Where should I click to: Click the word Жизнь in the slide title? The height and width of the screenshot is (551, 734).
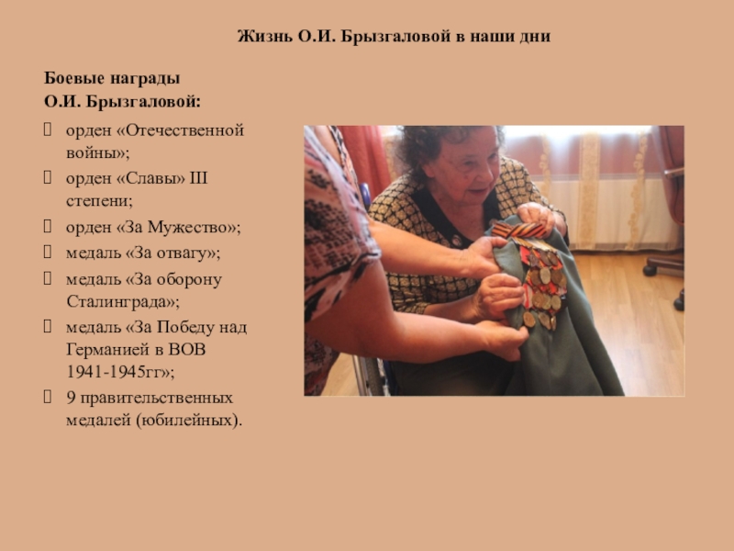(x=265, y=36)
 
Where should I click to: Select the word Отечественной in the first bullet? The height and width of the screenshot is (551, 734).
(x=184, y=130)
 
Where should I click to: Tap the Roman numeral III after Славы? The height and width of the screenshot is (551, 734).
(x=198, y=178)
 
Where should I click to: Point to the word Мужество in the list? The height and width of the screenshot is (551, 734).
(x=185, y=228)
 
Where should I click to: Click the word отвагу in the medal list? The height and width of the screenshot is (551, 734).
(x=182, y=253)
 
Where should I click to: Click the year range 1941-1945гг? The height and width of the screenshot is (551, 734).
(x=113, y=372)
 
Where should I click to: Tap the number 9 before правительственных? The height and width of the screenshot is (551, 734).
(x=72, y=398)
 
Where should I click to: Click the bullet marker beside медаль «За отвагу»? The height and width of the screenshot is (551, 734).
(x=48, y=253)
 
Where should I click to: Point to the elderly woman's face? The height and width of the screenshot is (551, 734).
(x=462, y=167)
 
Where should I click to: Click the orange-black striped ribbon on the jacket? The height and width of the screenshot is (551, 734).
(x=518, y=231)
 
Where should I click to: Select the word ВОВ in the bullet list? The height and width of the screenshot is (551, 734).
(x=187, y=350)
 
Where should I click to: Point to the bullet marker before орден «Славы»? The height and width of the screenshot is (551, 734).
(x=48, y=177)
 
